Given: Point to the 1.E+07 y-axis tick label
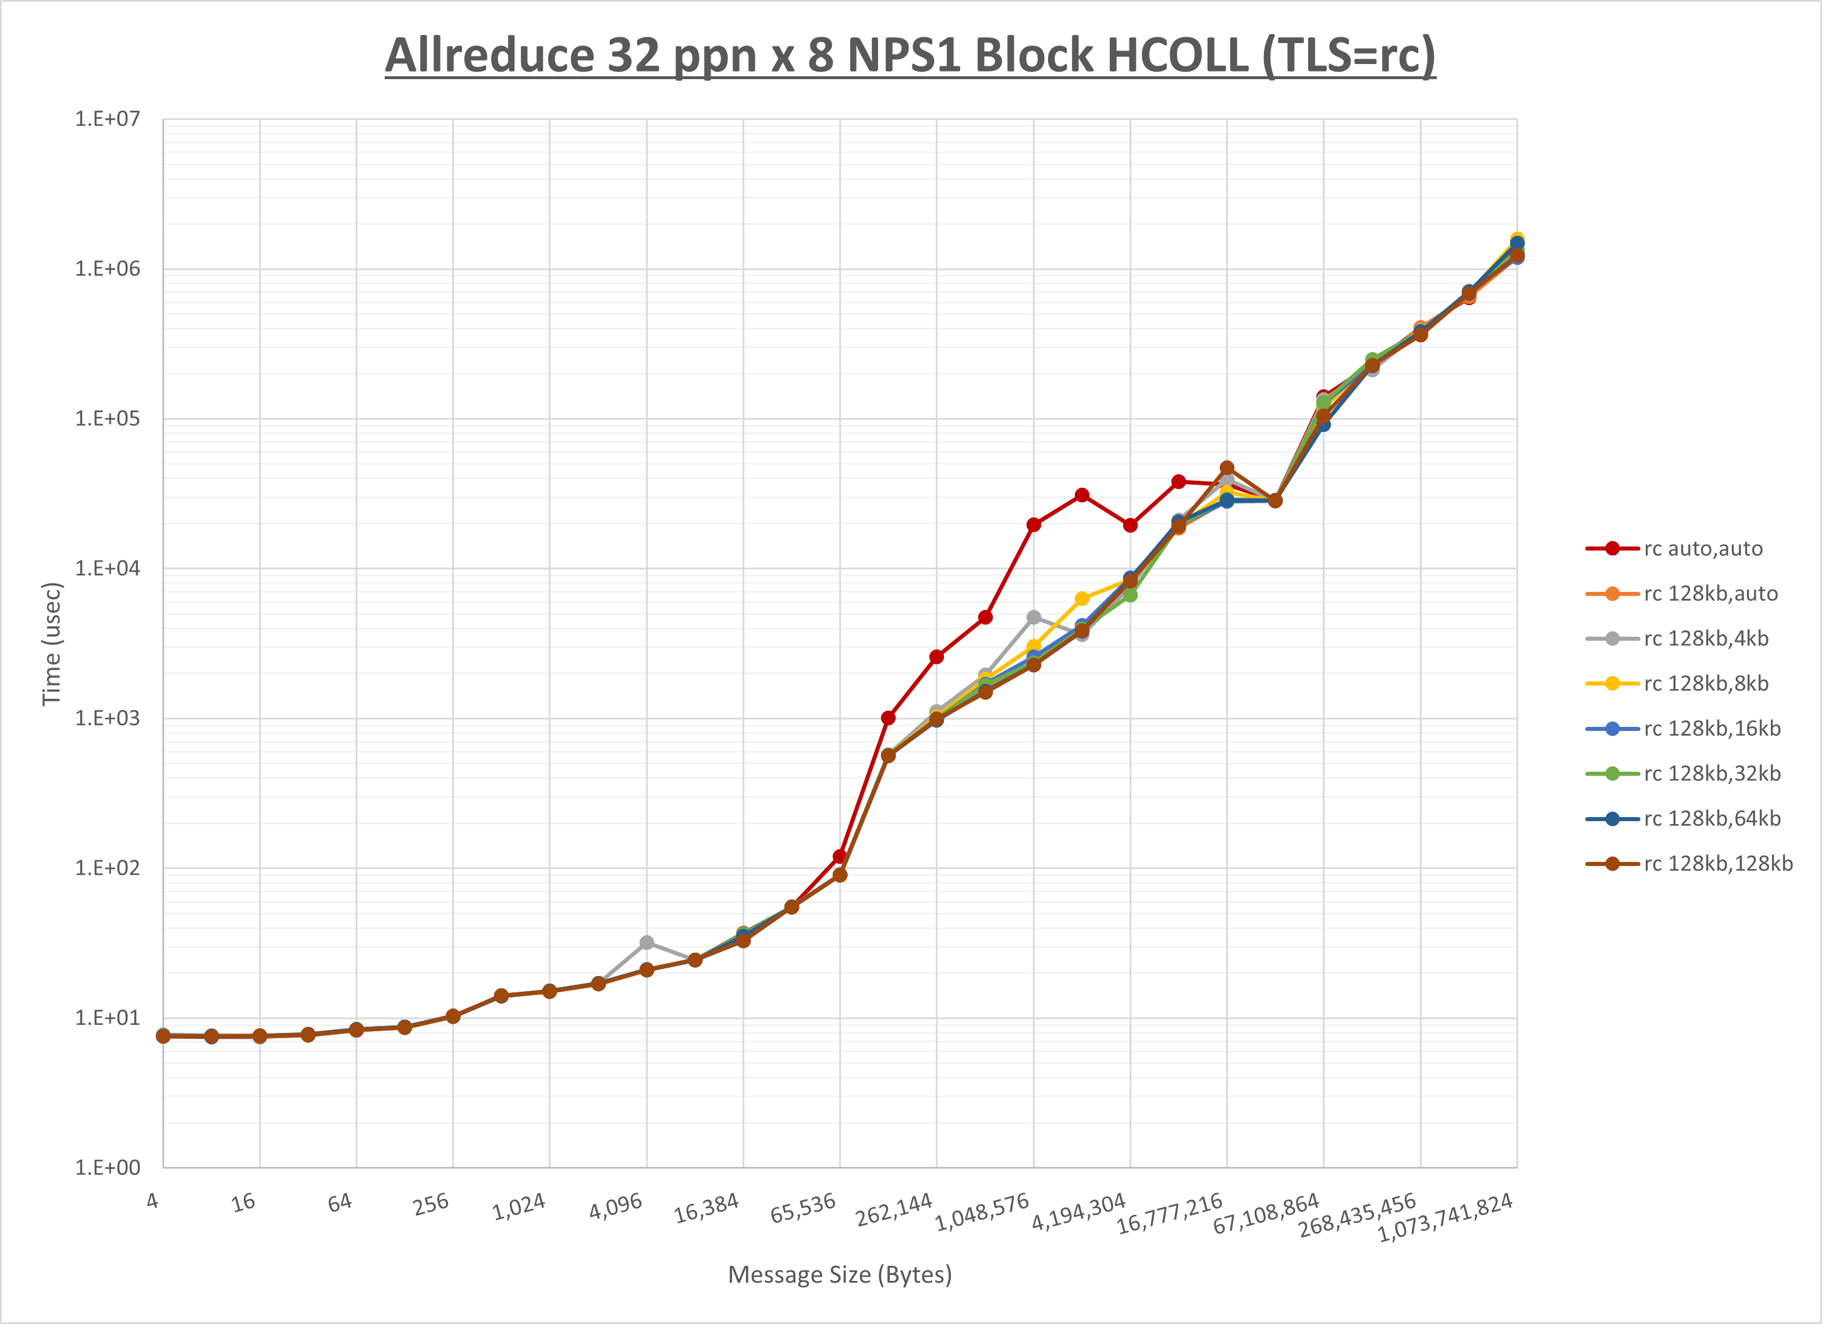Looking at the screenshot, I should click(108, 119).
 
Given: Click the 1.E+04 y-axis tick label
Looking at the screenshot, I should click(108, 568).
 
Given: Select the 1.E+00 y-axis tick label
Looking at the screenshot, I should click(108, 1167).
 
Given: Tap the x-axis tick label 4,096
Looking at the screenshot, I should click(616, 1206).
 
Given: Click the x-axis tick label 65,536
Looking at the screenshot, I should click(804, 1208).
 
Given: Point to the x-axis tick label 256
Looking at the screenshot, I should click(431, 1204).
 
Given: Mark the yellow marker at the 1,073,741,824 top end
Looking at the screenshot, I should click(1516, 238).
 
